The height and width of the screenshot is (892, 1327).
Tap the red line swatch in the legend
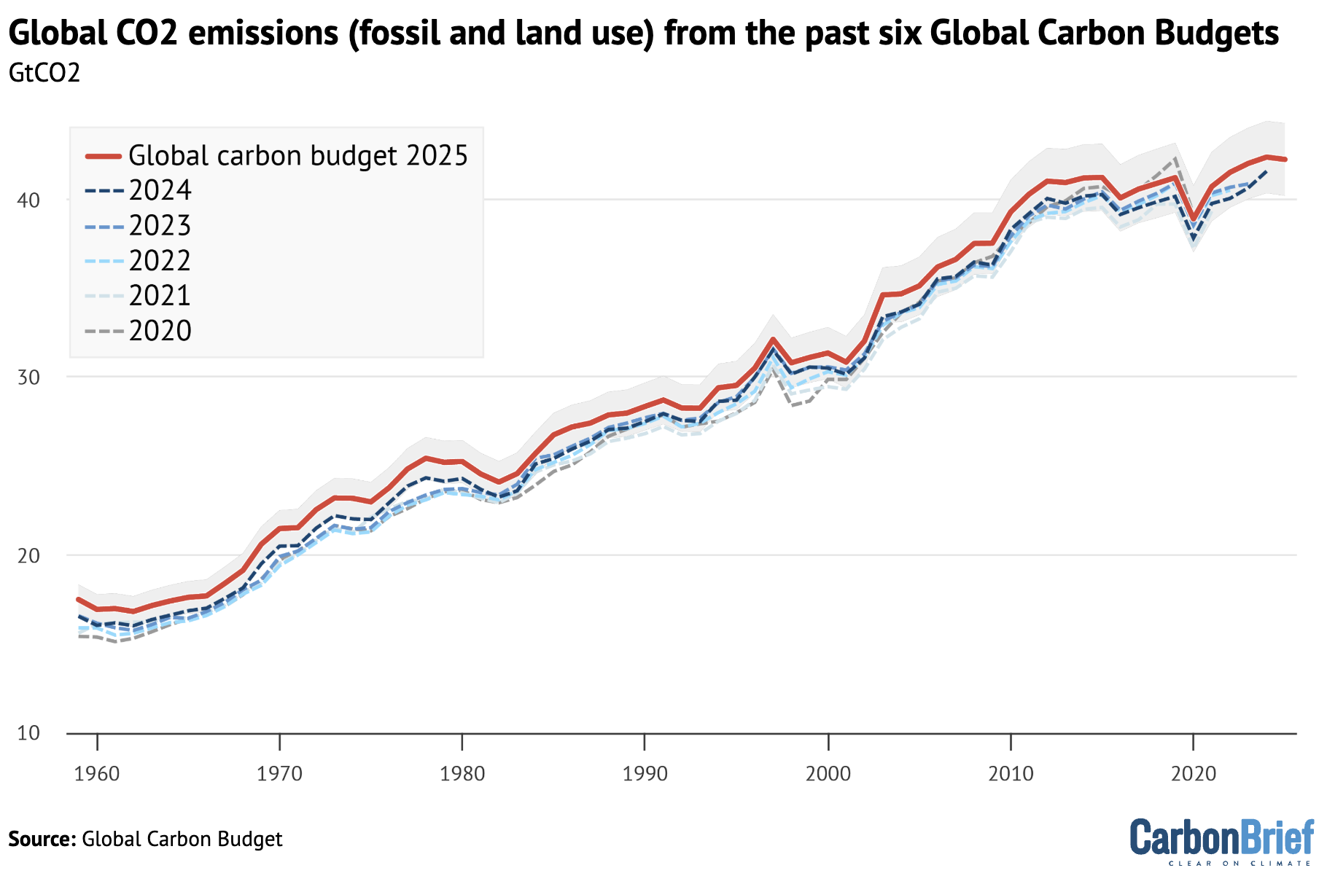click(103, 155)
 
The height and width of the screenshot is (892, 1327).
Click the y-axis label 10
click(28, 733)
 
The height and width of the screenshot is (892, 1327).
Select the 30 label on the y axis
click(28, 377)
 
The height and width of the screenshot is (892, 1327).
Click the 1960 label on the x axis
click(97, 773)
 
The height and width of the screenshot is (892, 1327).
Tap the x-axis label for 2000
click(828, 773)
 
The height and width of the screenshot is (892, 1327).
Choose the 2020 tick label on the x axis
click(1193, 773)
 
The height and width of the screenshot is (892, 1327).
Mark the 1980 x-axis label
click(462, 773)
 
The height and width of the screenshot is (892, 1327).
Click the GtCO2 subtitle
click(44, 73)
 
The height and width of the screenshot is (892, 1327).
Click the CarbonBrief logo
click(1221, 838)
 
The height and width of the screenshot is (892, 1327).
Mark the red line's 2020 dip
click(1193, 219)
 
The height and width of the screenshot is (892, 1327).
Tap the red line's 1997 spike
click(773, 339)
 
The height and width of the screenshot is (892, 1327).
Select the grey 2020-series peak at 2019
click(1175, 157)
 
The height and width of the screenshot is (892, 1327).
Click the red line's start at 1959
click(79, 599)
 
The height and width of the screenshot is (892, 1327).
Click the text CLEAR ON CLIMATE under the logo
click(1239, 864)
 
